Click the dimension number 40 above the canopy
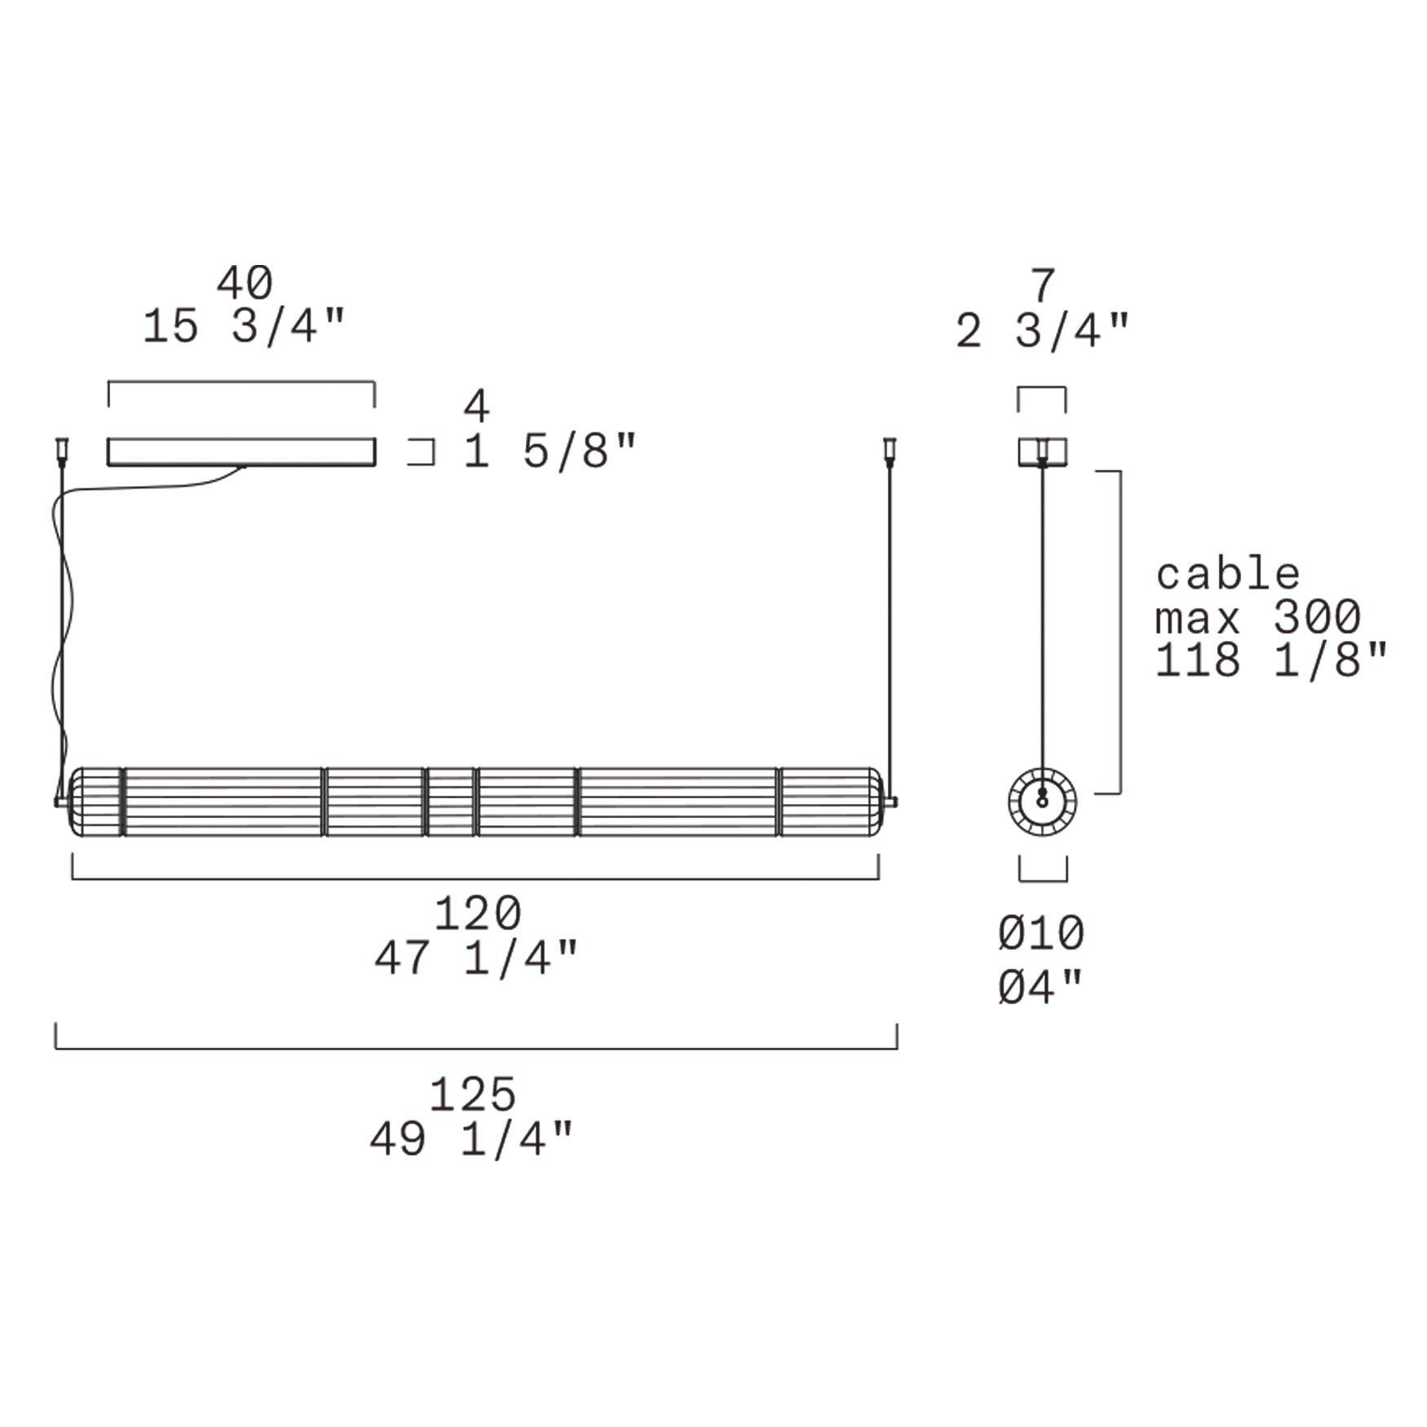point(244,283)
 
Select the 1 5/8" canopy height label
point(549,451)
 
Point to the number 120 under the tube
point(477,913)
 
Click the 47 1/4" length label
point(476,957)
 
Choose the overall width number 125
point(473,1094)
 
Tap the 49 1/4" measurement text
point(472,1138)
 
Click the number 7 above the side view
point(1043,286)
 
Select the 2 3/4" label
point(1043,331)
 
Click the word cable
point(1227,574)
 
